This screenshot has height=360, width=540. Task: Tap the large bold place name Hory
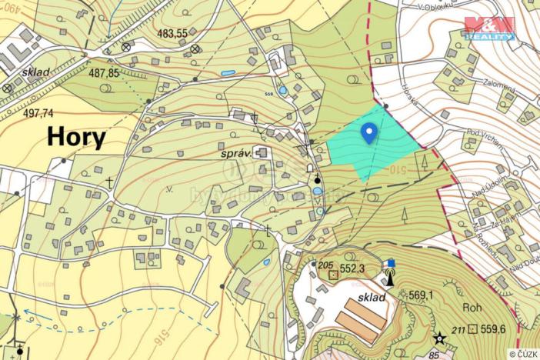(77, 137)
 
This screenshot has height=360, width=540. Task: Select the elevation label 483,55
(172, 33)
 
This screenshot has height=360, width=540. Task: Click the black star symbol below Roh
(439, 338)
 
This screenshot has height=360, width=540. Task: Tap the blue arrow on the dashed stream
(26, 313)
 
